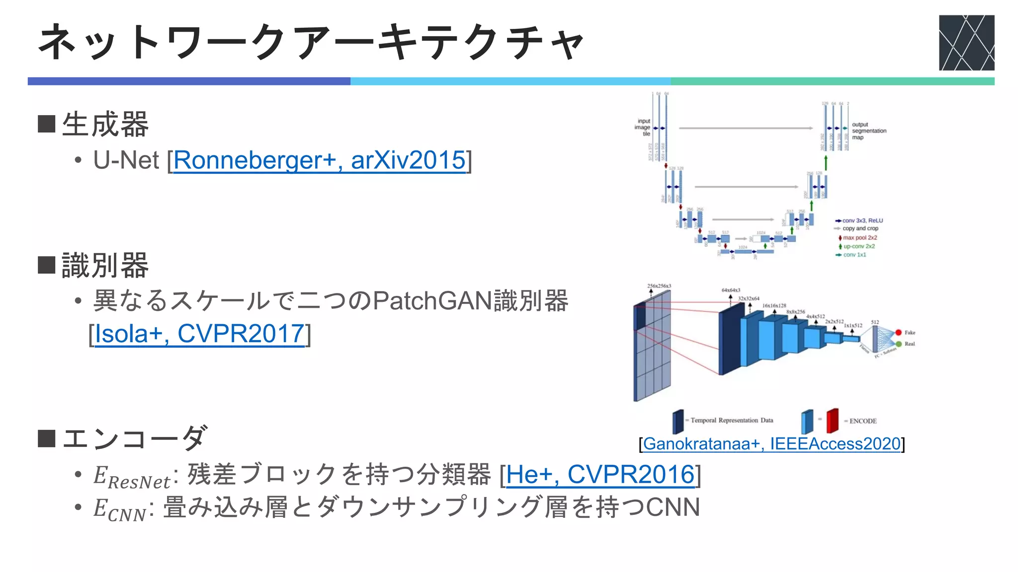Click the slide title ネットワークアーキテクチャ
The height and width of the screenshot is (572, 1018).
click(311, 43)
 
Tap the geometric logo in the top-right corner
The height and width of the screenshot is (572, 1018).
click(966, 43)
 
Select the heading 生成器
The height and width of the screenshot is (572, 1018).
click(105, 124)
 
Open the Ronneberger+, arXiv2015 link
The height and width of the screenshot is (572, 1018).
click(319, 160)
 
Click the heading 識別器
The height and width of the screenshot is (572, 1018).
click(105, 265)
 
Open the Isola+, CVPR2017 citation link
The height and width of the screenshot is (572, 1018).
click(199, 334)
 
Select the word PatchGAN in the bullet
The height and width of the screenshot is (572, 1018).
click(432, 301)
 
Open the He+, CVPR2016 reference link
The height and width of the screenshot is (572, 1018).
click(600, 475)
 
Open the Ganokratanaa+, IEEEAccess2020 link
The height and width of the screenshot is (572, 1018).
click(771, 444)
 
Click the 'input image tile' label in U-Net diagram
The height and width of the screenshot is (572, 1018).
click(643, 127)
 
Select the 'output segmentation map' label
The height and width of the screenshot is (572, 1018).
click(868, 131)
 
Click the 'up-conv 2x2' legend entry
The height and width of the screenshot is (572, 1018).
click(858, 246)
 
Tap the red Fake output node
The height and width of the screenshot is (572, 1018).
click(898, 333)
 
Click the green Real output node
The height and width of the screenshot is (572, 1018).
click(898, 344)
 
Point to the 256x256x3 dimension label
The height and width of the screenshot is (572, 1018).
click(659, 286)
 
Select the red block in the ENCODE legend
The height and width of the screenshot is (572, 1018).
click(832, 421)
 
